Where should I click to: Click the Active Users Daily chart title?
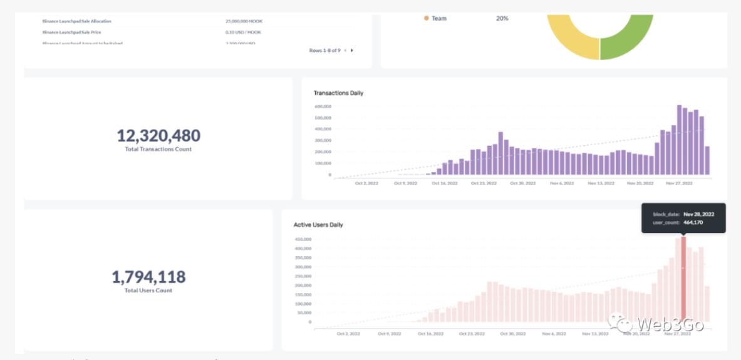click(x=318, y=225)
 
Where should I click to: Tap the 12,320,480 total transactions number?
click(x=158, y=135)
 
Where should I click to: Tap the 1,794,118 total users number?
click(x=148, y=277)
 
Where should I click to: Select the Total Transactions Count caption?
click(x=158, y=150)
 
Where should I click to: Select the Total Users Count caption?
click(x=148, y=291)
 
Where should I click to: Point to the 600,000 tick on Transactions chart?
click(x=323, y=106)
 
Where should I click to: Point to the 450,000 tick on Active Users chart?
click(x=303, y=239)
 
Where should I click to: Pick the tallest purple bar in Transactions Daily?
click(x=680, y=141)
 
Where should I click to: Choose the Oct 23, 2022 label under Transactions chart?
click(x=484, y=183)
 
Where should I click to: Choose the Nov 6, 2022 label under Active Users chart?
click(x=554, y=334)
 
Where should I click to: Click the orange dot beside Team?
click(x=427, y=19)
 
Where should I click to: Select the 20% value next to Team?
click(x=502, y=19)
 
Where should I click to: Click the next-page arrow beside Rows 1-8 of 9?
click(x=352, y=50)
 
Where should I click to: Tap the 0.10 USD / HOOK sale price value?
click(x=243, y=32)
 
